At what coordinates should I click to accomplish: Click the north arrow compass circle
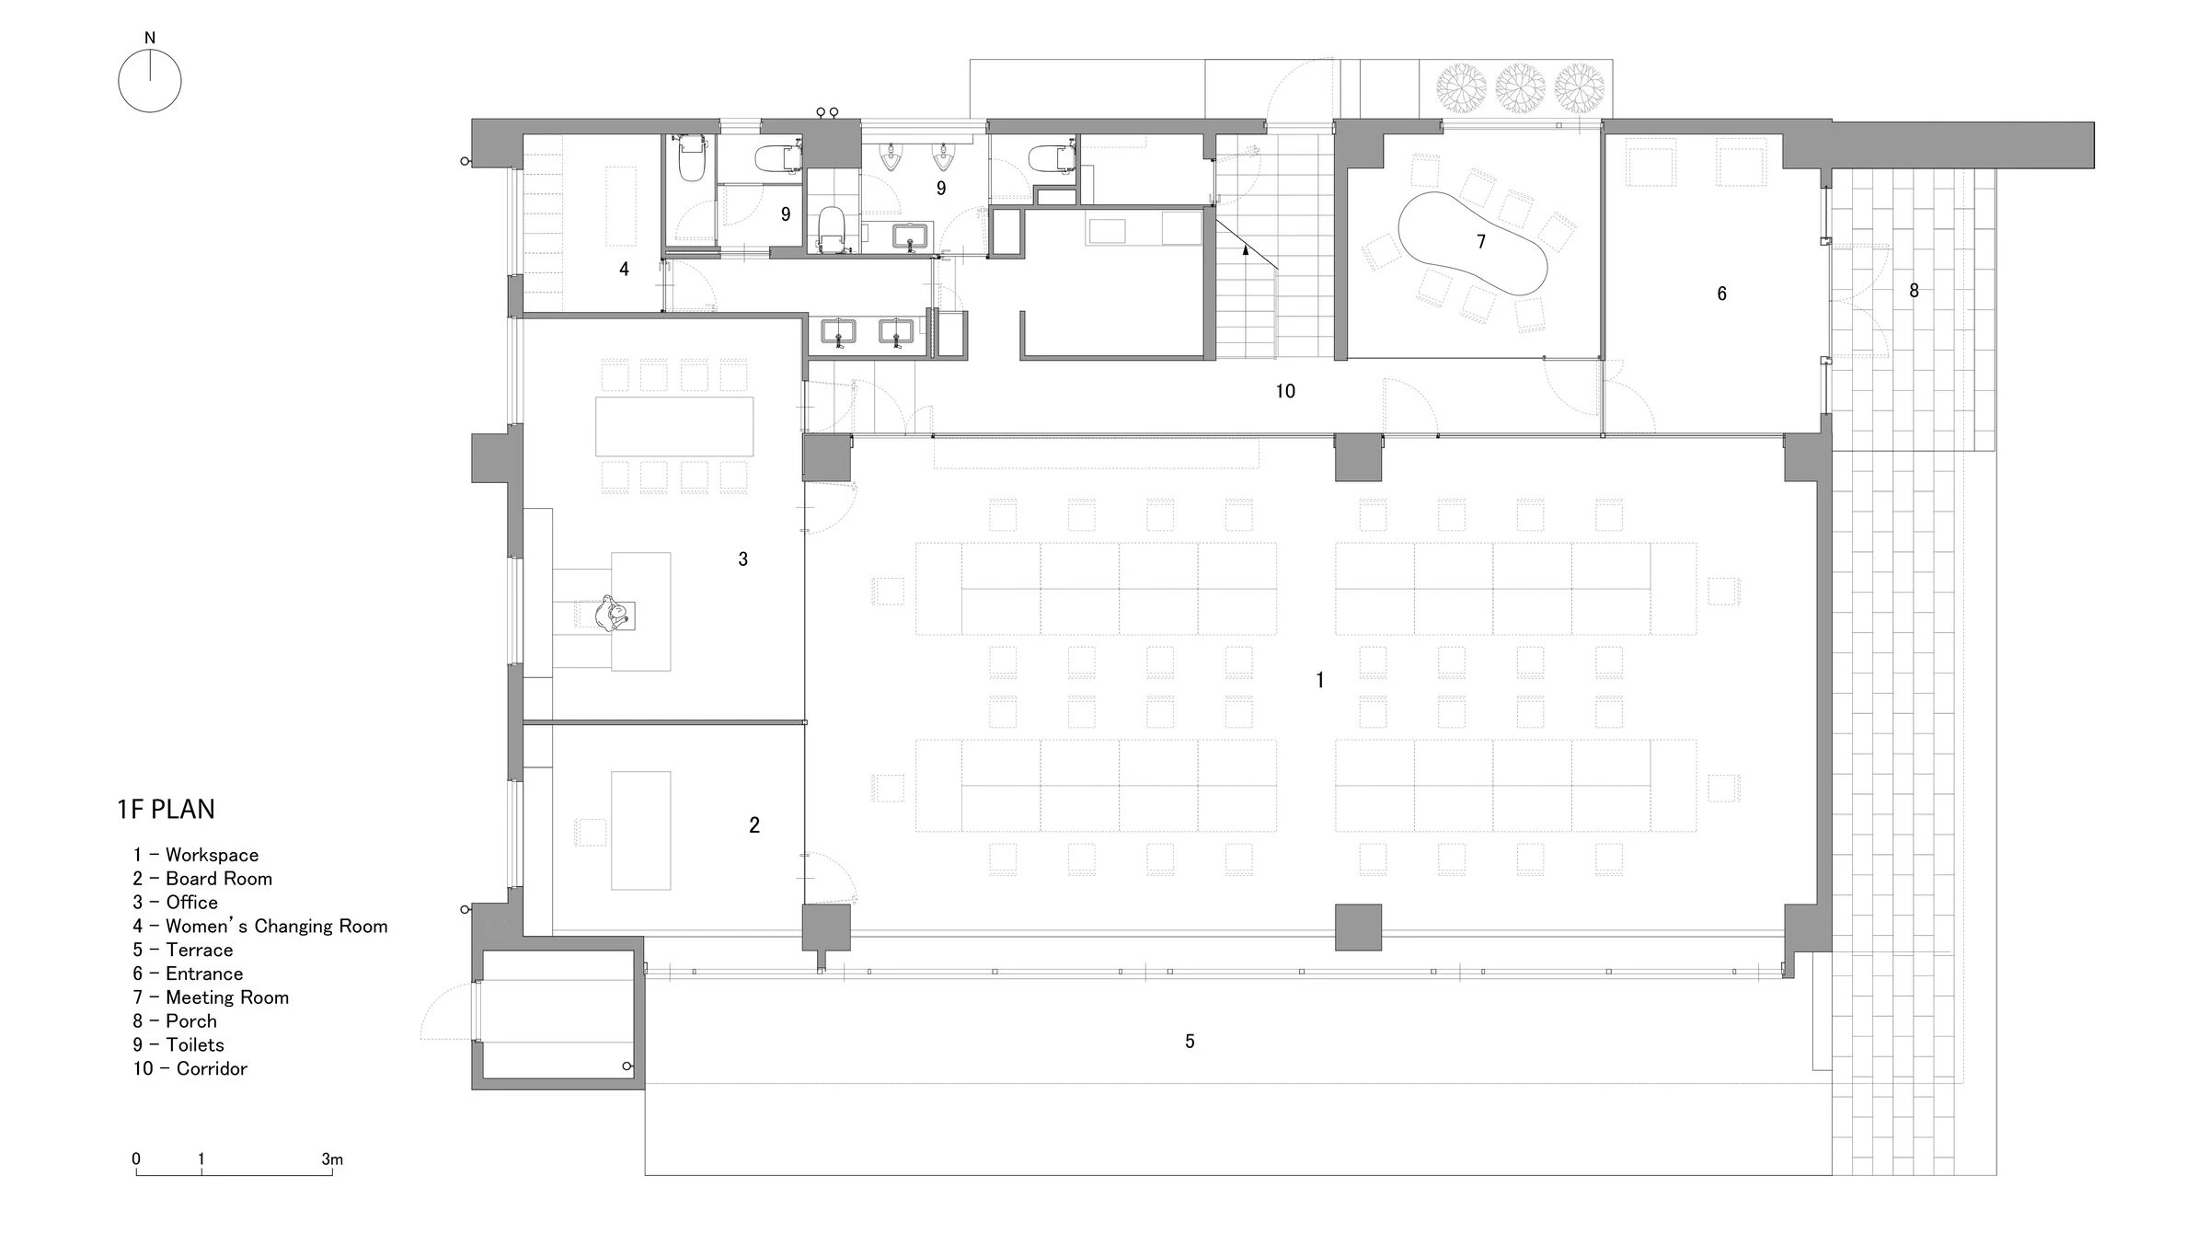(150, 81)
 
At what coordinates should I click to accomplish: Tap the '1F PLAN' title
(167, 810)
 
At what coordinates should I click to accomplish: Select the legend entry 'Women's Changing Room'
(260, 927)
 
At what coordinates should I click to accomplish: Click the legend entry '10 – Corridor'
(190, 1068)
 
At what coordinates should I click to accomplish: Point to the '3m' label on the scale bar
(332, 1159)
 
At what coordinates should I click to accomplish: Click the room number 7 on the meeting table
(1481, 241)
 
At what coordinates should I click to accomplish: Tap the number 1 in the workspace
(1320, 680)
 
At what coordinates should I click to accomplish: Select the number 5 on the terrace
(1190, 1041)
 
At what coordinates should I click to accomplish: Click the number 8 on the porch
(1914, 291)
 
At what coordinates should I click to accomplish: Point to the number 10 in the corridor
(1285, 391)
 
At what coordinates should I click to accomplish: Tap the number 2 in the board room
(754, 825)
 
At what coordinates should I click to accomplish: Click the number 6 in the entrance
(1721, 294)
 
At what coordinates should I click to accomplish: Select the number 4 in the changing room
(625, 270)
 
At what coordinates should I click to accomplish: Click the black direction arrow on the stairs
(1246, 248)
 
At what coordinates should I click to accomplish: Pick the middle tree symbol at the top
(1520, 88)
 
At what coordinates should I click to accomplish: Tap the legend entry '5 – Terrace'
(183, 950)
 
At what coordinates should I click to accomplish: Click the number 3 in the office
(743, 559)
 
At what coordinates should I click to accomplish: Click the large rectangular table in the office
(674, 426)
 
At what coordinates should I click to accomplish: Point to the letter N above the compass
(150, 38)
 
